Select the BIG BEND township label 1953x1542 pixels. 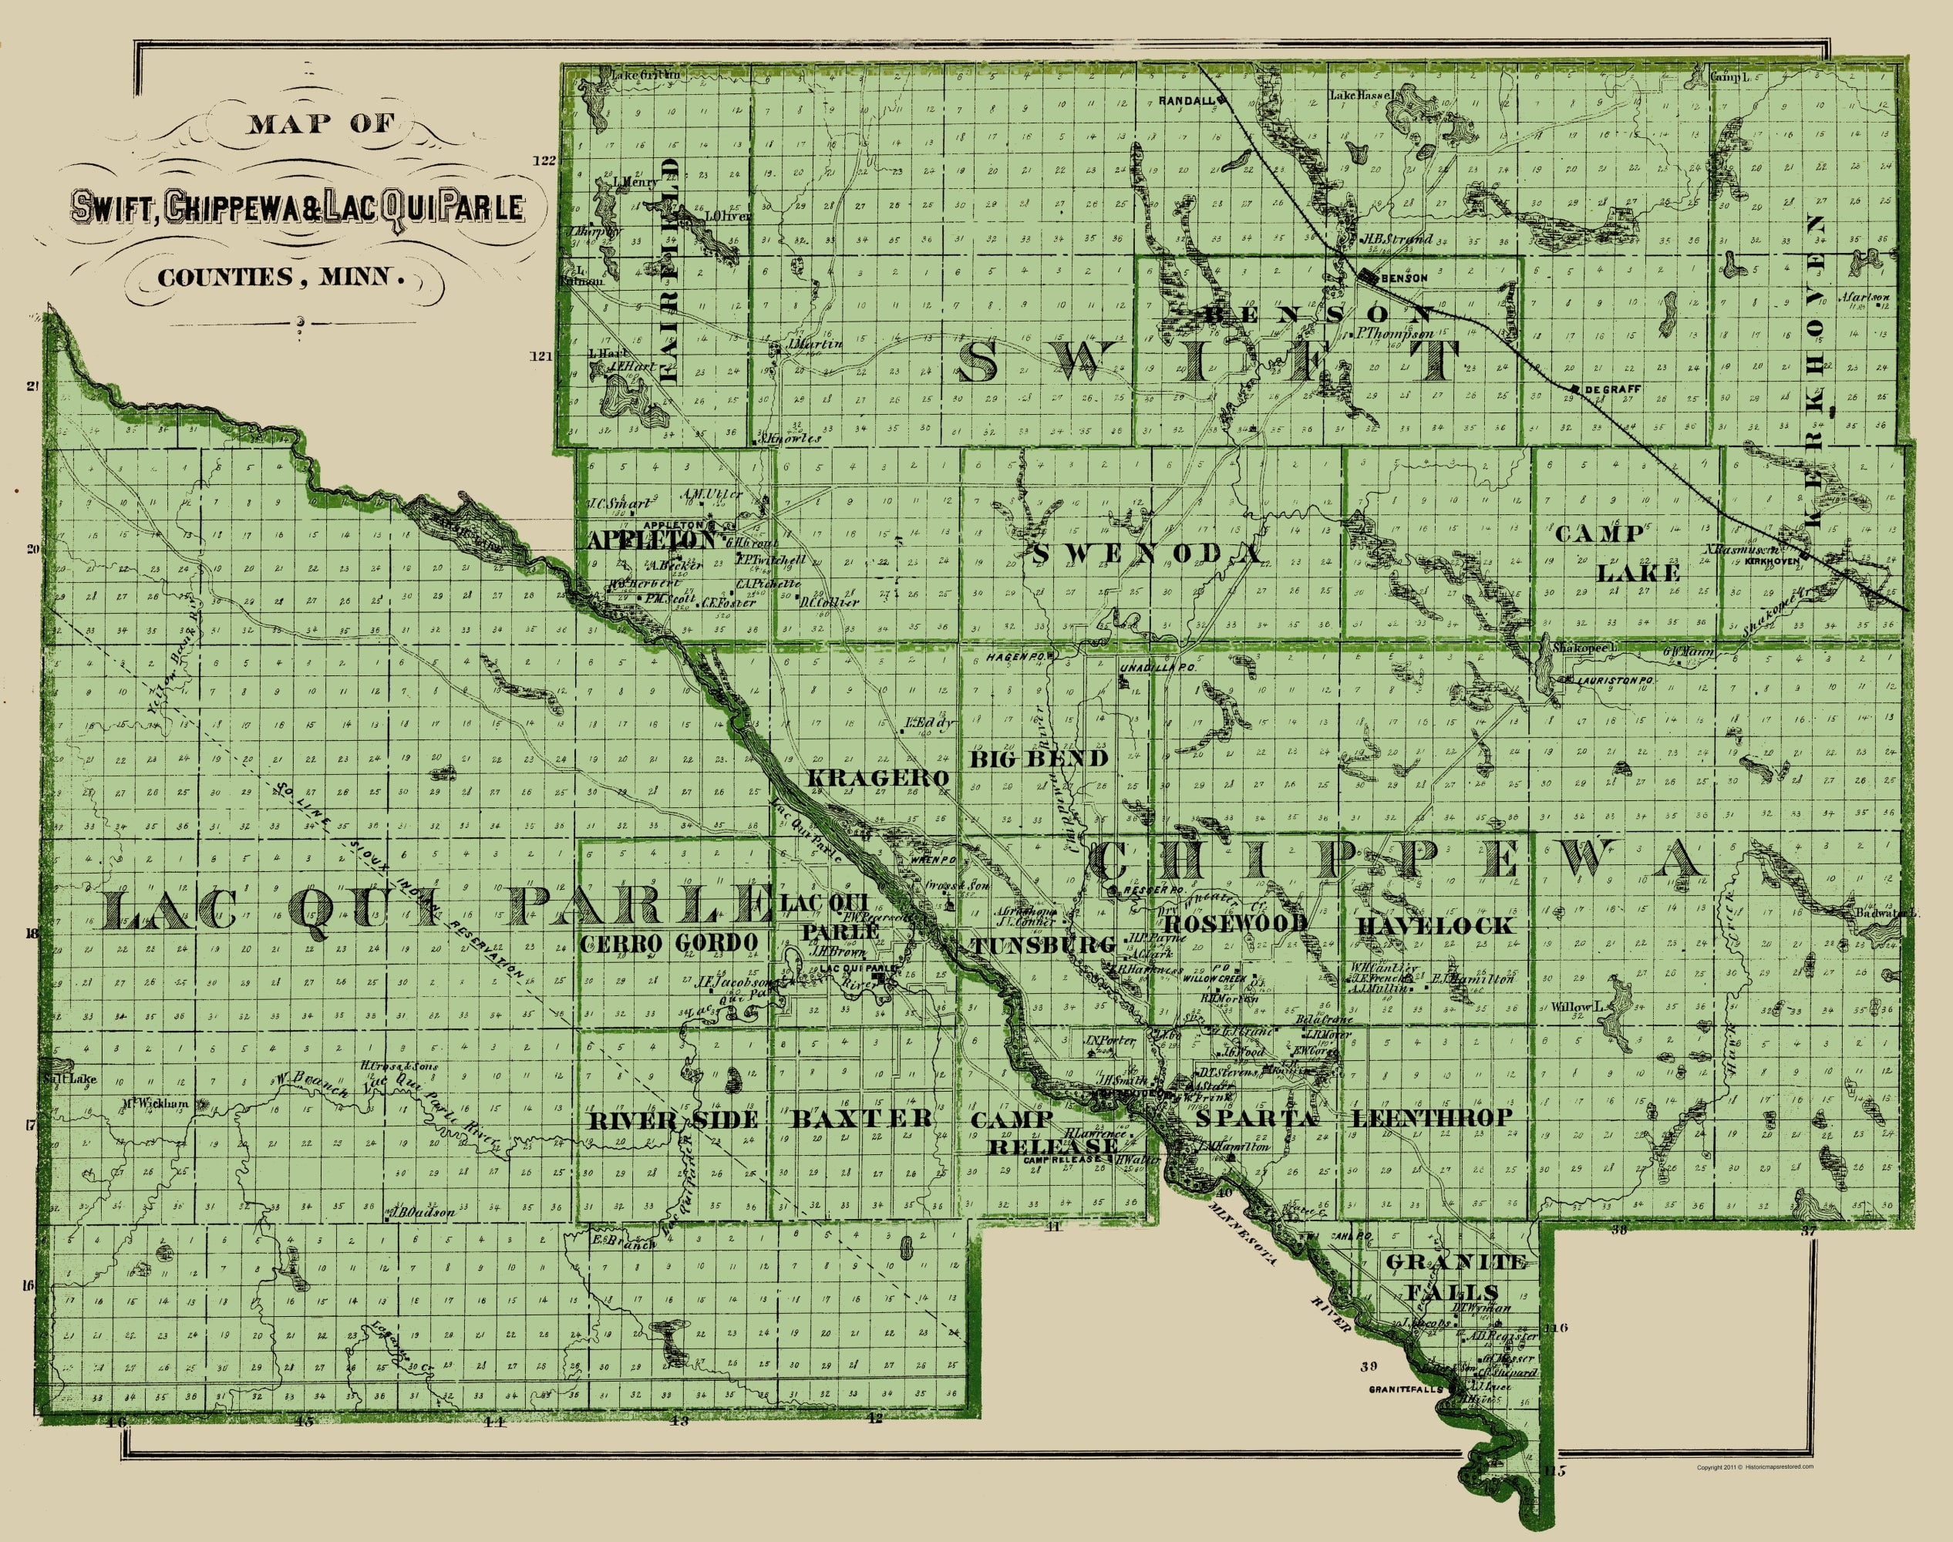(1039, 759)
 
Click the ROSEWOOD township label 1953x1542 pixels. (1236, 924)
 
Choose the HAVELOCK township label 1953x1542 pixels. (1435, 925)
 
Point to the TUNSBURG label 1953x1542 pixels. (1044, 945)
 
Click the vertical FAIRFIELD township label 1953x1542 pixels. (668, 271)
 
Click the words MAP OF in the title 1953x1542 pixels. (321, 123)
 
